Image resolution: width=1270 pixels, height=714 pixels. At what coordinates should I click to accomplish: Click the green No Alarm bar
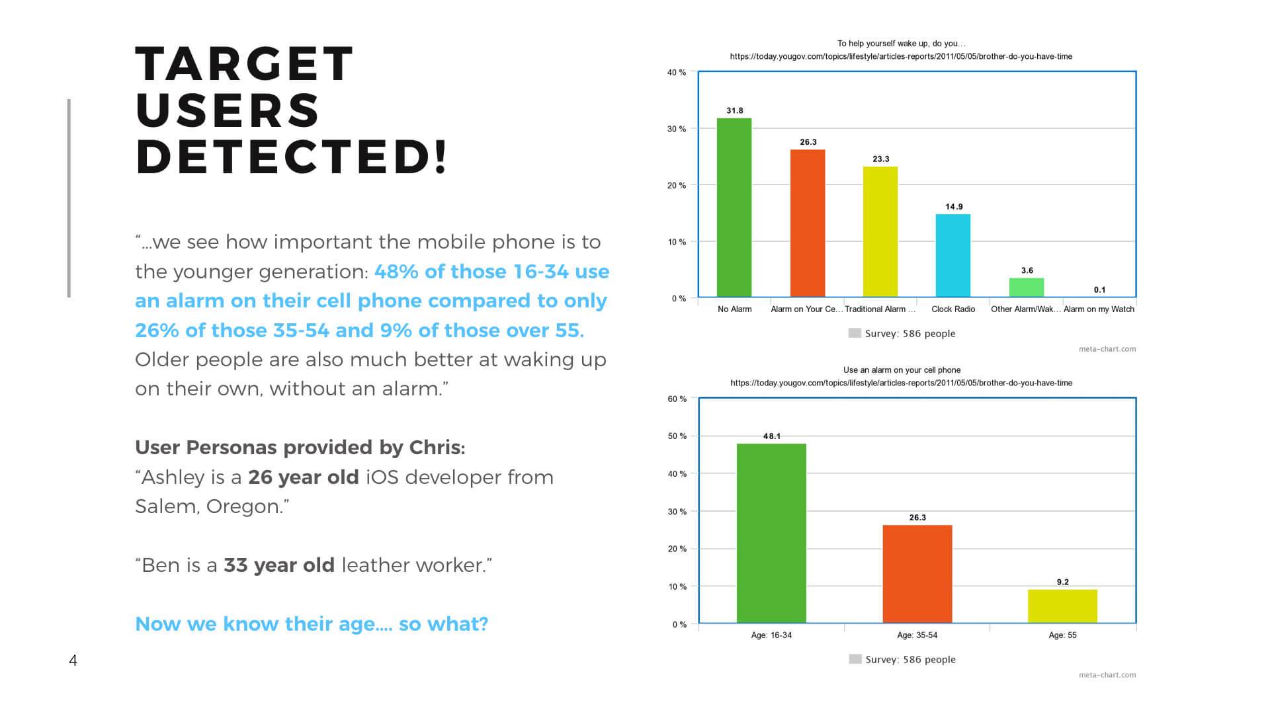(x=734, y=208)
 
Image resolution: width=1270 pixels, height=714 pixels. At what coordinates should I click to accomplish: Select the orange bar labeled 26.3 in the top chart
(x=808, y=223)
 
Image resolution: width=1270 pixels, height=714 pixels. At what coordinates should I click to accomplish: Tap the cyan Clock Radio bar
(x=953, y=255)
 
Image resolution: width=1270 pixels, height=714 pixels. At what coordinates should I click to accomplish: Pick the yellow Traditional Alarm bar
(x=880, y=231)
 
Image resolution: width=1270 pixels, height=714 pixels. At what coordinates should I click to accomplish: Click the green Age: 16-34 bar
(x=771, y=533)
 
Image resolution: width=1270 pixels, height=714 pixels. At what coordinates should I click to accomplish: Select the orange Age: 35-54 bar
(x=917, y=574)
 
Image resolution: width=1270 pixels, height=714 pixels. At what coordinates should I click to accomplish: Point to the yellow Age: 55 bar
(x=1062, y=606)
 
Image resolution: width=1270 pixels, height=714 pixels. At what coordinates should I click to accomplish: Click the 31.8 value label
(x=735, y=110)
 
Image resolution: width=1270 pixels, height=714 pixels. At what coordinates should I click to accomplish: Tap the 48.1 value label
(x=772, y=436)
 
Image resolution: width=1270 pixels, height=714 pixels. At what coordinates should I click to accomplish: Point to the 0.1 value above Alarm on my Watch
(x=1099, y=290)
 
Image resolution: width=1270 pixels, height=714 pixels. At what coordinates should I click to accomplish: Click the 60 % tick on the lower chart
(x=677, y=399)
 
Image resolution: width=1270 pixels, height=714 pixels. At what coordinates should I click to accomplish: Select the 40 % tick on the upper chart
(x=676, y=73)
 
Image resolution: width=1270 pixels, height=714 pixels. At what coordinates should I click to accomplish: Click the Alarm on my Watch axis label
(x=1099, y=309)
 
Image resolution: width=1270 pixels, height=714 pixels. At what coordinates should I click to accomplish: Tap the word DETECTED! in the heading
(x=292, y=157)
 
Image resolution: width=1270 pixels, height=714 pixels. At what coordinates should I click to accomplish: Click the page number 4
(x=73, y=660)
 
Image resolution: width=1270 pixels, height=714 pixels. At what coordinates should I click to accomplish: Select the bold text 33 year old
(x=279, y=565)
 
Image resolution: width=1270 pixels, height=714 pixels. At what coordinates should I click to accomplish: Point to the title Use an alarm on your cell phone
(x=902, y=370)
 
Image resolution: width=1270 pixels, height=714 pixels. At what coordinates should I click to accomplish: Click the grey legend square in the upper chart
(x=855, y=333)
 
